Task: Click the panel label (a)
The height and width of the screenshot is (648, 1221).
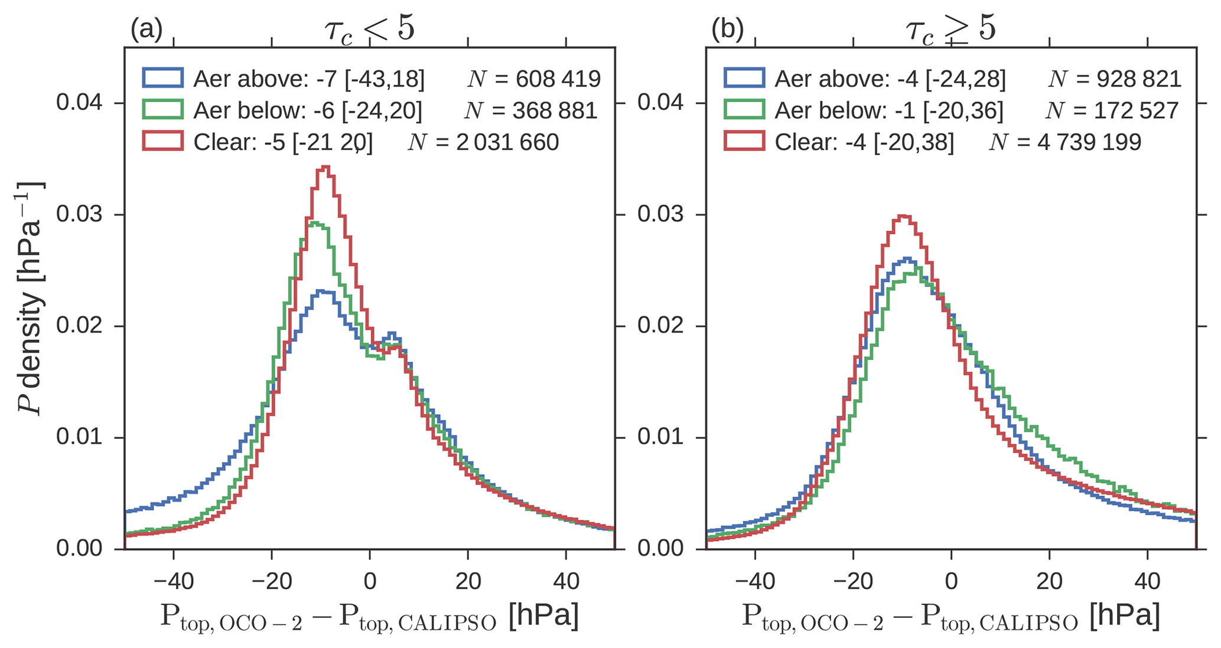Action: coord(146,30)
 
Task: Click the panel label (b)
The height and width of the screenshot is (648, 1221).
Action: coord(727,30)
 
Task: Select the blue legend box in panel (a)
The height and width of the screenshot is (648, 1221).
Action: coord(162,78)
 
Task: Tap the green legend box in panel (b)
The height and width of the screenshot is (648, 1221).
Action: coord(744,110)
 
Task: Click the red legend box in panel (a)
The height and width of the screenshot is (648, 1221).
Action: coord(162,142)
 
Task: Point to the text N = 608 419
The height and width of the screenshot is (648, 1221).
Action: coord(533,78)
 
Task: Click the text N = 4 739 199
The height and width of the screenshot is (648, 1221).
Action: coord(1065,142)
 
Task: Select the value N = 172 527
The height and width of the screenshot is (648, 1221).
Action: coord(1112,110)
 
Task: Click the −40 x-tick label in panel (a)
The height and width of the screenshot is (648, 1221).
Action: coord(173,581)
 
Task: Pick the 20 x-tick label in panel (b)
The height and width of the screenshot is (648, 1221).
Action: coord(1049,581)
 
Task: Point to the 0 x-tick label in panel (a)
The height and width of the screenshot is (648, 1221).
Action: coord(370,581)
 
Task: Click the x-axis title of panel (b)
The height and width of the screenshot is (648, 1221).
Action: coord(950,617)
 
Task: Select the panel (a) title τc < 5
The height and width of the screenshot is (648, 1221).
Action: coord(370,28)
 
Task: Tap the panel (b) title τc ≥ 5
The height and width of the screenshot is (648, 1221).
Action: coord(950,28)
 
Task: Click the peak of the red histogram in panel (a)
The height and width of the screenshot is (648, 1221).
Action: coord(324,168)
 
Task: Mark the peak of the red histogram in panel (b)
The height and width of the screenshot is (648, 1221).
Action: coord(902,216)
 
